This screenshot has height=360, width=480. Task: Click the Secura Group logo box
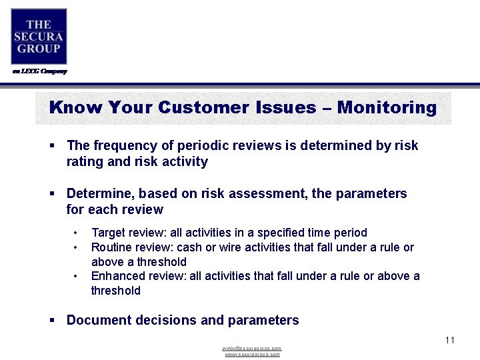point(39,37)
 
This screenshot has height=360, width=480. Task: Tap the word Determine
point(99,193)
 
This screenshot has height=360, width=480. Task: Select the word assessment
point(269,193)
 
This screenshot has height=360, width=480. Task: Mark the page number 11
point(449,340)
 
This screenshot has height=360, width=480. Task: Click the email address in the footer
point(252,349)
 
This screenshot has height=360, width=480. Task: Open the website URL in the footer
point(252,355)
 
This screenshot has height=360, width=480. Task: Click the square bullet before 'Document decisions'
point(52,321)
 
